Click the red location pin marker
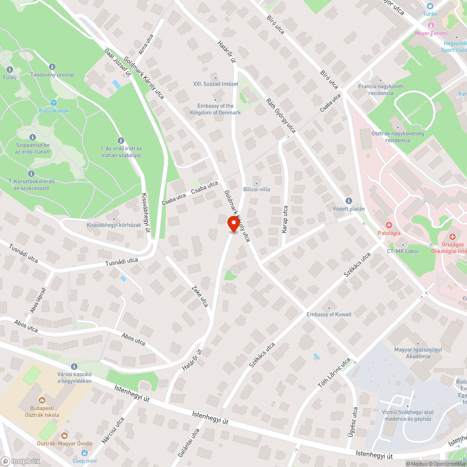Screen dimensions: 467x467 [x=233, y=224]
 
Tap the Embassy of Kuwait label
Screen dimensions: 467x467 [x=329, y=314]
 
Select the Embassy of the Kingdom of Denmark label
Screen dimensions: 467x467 [x=215, y=109]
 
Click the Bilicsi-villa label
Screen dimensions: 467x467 [x=256, y=189]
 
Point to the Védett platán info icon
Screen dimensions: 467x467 [x=348, y=200]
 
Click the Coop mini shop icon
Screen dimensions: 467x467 [x=85, y=453]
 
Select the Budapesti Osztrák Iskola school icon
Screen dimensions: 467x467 [x=41, y=400]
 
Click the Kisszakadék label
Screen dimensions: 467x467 [x=53, y=111]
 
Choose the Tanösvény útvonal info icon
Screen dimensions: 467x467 [x=52, y=67]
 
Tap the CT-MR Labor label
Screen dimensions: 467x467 [x=403, y=251]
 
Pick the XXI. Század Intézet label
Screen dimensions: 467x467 [x=215, y=84]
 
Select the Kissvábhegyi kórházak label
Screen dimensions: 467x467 [x=113, y=225]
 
